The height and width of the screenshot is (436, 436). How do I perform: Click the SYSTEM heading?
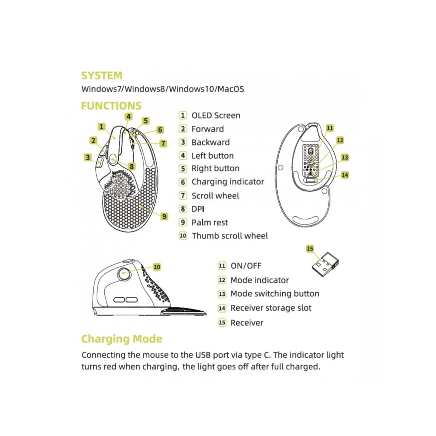(102, 76)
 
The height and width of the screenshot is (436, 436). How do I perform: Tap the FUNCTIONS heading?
(111, 106)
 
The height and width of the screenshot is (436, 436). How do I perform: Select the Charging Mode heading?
(122, 339)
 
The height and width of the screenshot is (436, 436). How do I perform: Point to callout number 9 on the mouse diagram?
(164, 216)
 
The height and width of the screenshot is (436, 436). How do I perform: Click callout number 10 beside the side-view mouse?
(157, 267)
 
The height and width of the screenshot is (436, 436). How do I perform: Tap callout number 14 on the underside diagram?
(345, 175)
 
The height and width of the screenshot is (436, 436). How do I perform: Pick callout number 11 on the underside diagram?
(330, 128)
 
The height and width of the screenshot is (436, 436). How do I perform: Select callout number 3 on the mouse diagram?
(88, 157)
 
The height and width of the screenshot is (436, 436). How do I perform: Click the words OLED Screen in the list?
(216, 115)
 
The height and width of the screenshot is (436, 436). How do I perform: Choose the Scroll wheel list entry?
(215, 196)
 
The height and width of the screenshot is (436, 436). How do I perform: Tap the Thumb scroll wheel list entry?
(230, 236)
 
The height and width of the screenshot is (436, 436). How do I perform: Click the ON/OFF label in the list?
(246, 266)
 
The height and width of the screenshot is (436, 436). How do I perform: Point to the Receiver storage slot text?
(271, 308)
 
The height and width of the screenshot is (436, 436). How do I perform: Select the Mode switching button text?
(275, 294)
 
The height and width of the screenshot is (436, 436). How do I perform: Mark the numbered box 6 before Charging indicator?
(183, 182)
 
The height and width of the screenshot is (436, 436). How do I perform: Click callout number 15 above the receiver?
(310, 248)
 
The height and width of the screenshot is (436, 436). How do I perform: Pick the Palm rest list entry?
(209, 222)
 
